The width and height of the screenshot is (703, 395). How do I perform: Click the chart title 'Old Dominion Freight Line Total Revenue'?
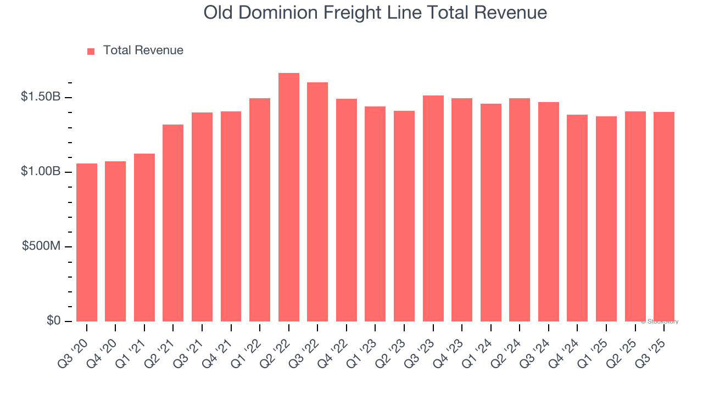pyautogui.click(x=375, y=13)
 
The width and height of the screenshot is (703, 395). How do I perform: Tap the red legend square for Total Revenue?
pyautogui.click(x=91, y=52)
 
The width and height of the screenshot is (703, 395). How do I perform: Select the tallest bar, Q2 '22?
pyautogui.click(x=289, y=198)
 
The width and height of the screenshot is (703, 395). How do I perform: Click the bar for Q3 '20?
pyautogui.click(x=87, y=242)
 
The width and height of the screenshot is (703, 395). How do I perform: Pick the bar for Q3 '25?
pyautogui.click(x=664, y=217)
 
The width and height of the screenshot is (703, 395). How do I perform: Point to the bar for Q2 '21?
pyautogui.click(x=173, y=223)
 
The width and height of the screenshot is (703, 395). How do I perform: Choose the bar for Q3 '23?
pyautogui.click(x=433, y=208)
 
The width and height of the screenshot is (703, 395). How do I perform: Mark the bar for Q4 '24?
pyautogui.click(x=577, y=218)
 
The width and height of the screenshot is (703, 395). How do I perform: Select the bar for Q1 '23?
pyautogui.click(x=375, y=214)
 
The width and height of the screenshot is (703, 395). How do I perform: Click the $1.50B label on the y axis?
pyautogui.click(x=41, y=97)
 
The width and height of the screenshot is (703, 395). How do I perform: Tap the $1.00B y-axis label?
pyautogui.click(x=41, y=172)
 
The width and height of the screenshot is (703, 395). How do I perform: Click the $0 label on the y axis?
pyautogui.click(x=53, y=320)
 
